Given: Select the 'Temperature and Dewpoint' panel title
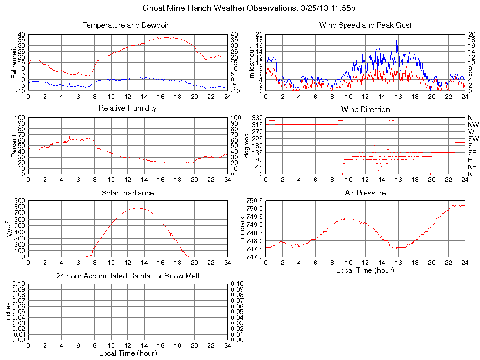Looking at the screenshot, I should pos(127,25).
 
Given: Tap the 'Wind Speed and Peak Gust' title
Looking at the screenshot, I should pos(365,25).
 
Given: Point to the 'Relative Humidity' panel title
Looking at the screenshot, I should pos(127,108).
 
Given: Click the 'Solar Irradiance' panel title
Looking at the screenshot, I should pos(127,193).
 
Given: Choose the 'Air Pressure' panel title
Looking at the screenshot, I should pos(365,193).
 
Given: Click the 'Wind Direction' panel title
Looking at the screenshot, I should pos(365,109).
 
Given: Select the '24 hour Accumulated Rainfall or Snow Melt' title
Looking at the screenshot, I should pos(127,276).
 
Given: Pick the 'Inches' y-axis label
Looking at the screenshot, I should pos(8,312).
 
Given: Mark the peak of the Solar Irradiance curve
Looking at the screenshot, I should pos(137,208).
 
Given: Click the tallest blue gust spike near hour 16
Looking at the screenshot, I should pos(397,40).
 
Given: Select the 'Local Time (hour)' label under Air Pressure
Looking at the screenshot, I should pos(365,270).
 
